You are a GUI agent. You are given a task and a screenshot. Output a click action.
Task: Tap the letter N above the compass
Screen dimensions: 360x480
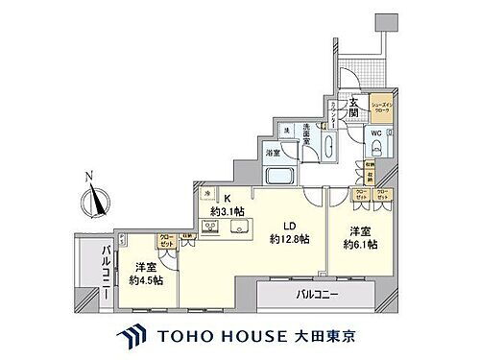click(x=87, y=177)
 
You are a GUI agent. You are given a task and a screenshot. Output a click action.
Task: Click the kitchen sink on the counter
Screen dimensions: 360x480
click(x=238, y=228)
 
